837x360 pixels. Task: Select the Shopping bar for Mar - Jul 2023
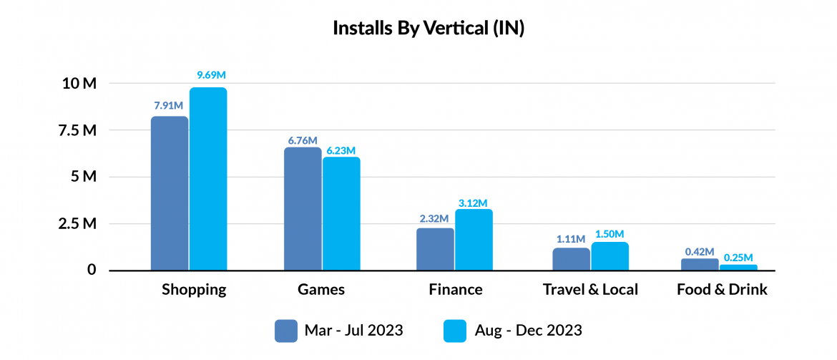(x=170, y=193)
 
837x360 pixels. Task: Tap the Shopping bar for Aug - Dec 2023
(x=208, y=179)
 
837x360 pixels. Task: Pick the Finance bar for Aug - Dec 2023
(x=474, y=240)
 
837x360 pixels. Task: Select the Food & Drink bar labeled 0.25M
(x=738, y=267)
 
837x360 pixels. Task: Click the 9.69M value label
(x=212, y=76)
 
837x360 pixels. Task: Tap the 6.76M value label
(x=303, y=140)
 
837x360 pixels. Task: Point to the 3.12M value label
(x=473, y=202)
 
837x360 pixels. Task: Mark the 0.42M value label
(x=700, y=251)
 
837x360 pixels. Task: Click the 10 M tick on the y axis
(x=79, y=84)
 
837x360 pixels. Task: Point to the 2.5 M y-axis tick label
(x=77, y=224)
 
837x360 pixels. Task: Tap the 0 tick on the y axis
(x=92, y=271)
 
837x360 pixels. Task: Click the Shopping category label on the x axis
(x=194, y=290)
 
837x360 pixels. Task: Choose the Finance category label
(x=456, y=290)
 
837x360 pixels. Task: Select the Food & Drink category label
(x=722, y=290)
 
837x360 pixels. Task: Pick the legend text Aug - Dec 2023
(x=528, y=331)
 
